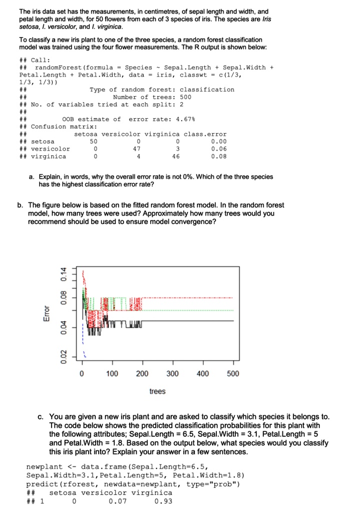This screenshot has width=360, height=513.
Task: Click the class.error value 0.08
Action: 219,156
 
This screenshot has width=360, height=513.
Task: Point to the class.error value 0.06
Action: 219,149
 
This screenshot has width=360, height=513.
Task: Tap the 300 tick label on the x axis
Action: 172,374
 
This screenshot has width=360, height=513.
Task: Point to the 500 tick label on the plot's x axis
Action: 233,374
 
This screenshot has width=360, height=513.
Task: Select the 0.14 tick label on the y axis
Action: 63,275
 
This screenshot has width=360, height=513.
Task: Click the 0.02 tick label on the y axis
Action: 63,353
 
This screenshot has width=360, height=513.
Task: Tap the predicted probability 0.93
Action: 164,500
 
